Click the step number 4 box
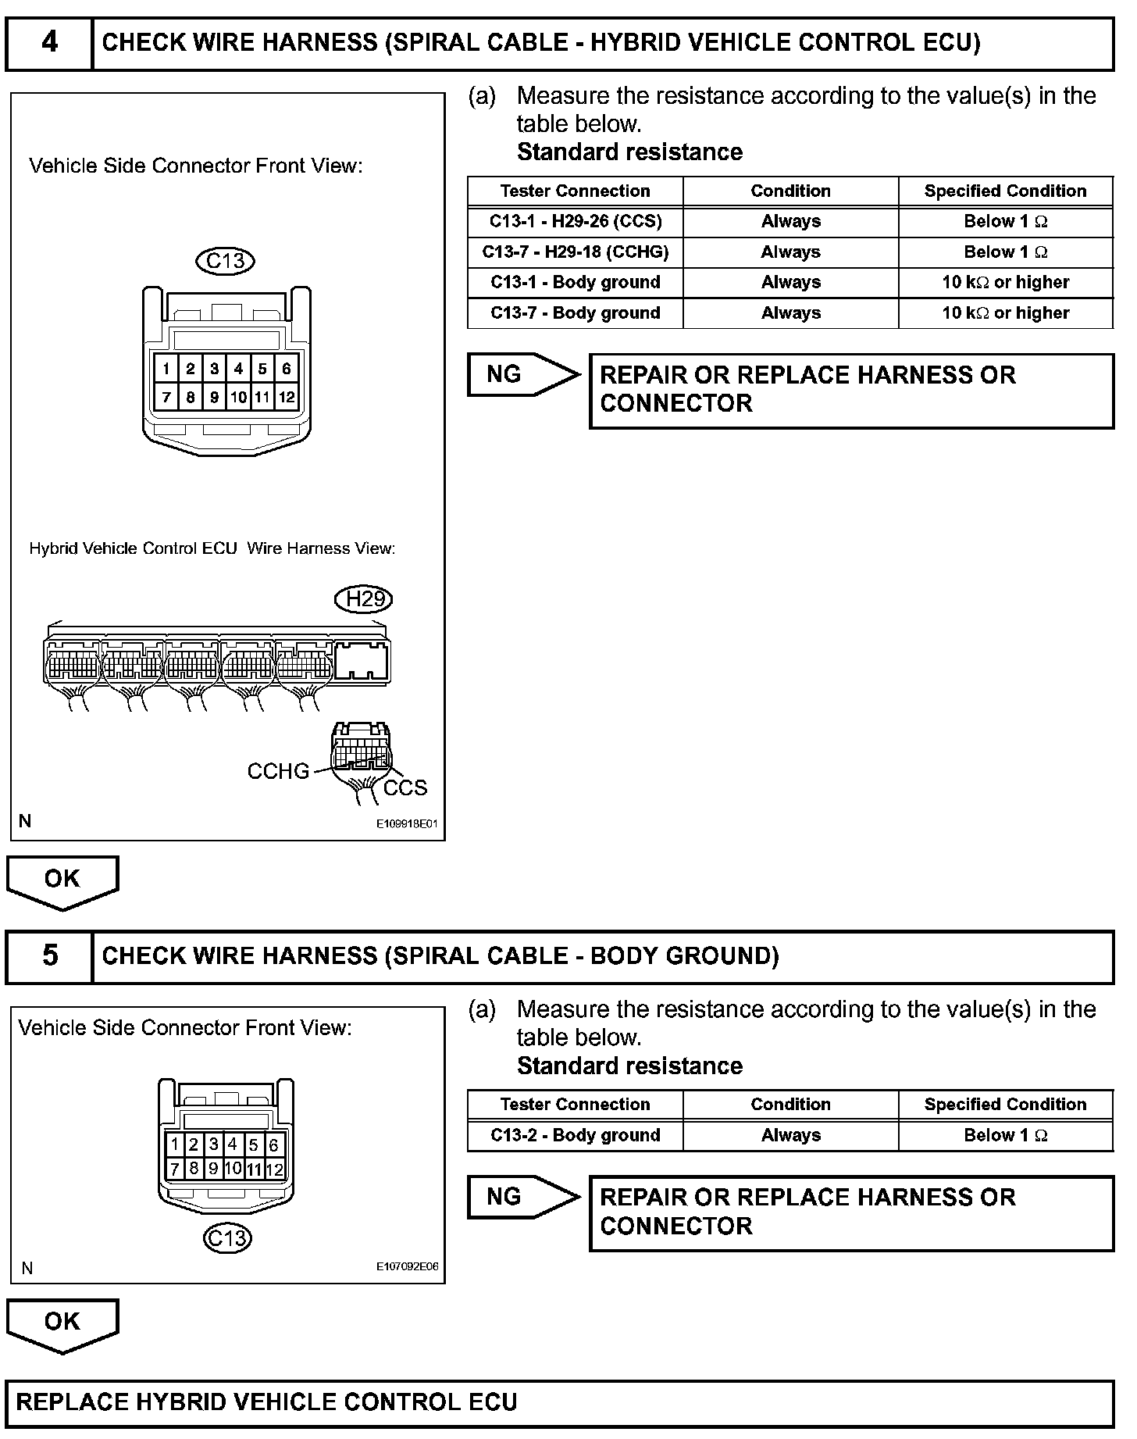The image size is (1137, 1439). coord(49,42)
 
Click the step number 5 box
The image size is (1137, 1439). coord(49,955)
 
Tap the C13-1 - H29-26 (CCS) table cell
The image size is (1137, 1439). coord(576,221)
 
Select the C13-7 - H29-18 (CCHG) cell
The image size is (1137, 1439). coord(576,252)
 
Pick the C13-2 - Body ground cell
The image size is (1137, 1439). coord(576,1135)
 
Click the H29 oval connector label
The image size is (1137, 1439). coord(363,599)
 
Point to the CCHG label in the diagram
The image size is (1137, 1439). coord(278,772)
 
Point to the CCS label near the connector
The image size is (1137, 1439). coord(405,787)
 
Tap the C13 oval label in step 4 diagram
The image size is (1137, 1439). coord(226,260)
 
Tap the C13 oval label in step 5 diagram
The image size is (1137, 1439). coord(227,1238)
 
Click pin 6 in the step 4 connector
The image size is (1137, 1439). coord(287,369)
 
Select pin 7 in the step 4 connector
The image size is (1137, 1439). coord(166,397)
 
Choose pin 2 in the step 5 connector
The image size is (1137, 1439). coord(194,1145)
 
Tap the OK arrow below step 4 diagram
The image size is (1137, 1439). coord(62,881)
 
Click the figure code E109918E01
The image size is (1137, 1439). coord(407,823)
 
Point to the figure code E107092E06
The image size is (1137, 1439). coord(407,1267)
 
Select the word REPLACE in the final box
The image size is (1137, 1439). coord(71,1402)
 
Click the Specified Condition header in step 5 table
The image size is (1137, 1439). coord(1005,1105)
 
